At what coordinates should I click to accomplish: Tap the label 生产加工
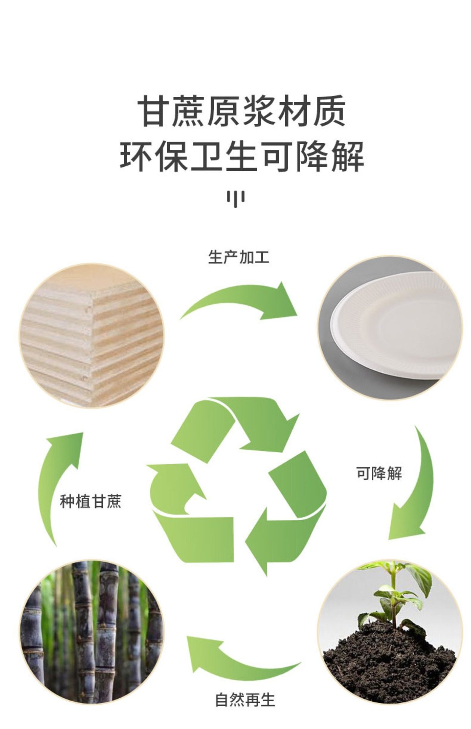point(239,257)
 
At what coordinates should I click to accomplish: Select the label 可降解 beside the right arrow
point(379,473)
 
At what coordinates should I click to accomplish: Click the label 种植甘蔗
point(90,501)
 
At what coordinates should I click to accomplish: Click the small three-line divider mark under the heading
point(235,198)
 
